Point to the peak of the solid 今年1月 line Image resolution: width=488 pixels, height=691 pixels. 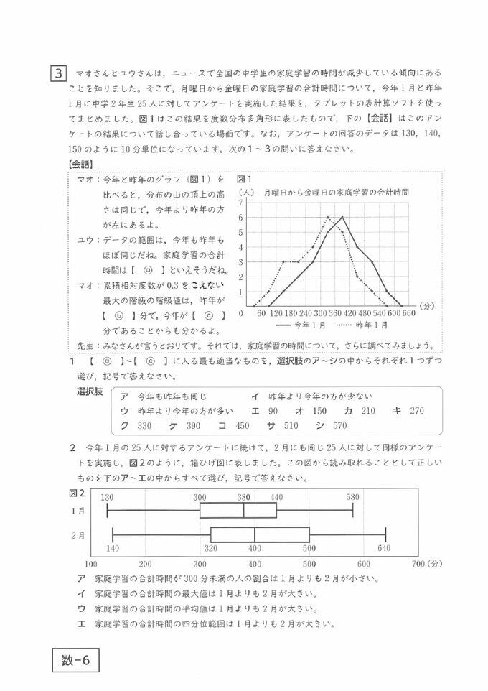click(x=343, y=217)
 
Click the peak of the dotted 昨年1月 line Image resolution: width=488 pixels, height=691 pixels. click(x=328, y=217)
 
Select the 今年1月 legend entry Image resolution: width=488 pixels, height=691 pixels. click(x=294, y=325)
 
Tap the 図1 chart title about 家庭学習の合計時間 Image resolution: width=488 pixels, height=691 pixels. click(x=336, y=193)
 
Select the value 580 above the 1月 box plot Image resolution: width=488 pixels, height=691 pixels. click(x=352, y=497)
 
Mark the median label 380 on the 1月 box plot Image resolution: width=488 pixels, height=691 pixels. click(x=244, y=497)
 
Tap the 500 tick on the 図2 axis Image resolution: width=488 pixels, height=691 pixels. click(x=309, y=564)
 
